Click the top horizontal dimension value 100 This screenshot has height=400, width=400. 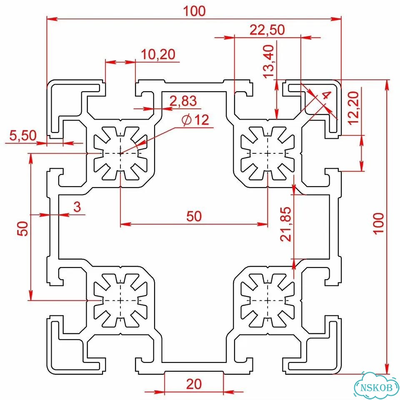coord(194,11)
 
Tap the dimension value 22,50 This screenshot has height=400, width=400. coord(267,30)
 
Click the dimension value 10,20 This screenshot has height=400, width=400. coord(158,54)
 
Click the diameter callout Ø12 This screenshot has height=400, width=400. coord(195,120)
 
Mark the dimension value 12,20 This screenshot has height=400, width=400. coord(354,108)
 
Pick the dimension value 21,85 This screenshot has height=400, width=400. coord(285,224)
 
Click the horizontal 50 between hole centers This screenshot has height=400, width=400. coord(194,216)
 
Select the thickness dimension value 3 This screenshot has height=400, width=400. coord(77,206)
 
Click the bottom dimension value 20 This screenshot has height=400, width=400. coord(194,384)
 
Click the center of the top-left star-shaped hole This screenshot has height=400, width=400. coord(120,153)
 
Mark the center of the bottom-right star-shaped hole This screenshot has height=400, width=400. coord(267,300)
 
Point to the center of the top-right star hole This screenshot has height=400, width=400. coord(267,153)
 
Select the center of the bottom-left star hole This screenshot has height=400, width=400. coord(120,300)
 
